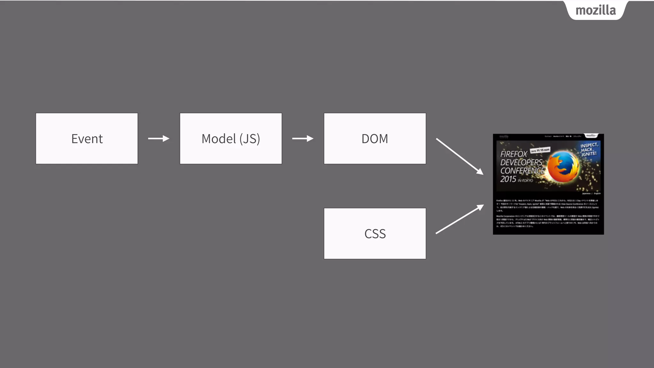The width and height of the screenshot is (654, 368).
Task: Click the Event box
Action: pyautogui.click(x=87, y=139)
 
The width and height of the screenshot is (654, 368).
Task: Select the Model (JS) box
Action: pyautogui.click(x=231, y=139)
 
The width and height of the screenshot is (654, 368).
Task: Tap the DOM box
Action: pyautogui.click(x=375, y=139)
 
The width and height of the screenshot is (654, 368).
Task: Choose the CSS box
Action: pyautogui.click(x=375, y=234)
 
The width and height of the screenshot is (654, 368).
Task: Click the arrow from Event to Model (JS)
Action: pyautogui.click(x=159, y=139)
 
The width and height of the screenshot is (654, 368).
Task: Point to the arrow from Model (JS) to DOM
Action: pyautogui.click(x=303, y=139)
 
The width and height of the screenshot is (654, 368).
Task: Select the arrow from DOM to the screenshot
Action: pyautogui.click(x=460, y=157)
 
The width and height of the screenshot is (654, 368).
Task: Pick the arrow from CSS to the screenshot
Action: pyautogui.click(x=460, y=219)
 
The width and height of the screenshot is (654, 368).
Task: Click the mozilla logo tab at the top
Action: pyautogui.click(x=596, y=11)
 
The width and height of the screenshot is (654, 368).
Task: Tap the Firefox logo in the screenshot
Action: pyautogui.click(x=563, y=167)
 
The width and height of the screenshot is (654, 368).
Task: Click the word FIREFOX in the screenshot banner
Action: pyautogui.click(x=514, y=154)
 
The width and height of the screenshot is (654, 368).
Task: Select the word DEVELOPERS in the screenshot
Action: pyautogui.click(x=521, y=162)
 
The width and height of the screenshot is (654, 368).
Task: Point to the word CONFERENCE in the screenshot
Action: pyautogui.click(x=522, y=171)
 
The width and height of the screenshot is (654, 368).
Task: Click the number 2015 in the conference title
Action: pyautogui.click(x=508, y=179)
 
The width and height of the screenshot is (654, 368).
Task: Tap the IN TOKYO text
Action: pyautogui.click(x=525, y=180)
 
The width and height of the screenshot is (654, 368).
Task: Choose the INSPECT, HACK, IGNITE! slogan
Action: pyautogui.click(x=589, y=149)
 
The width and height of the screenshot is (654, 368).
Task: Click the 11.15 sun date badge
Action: pyautogui.click(x=540, y=150)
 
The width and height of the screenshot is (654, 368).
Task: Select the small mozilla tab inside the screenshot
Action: pyautogui.click(x=591, y=136)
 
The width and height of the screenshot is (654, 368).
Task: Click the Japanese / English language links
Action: pyautogui.click(x=591, y=194)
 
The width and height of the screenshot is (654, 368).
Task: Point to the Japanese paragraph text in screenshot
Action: pyautogui.click(x=548, y=212)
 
